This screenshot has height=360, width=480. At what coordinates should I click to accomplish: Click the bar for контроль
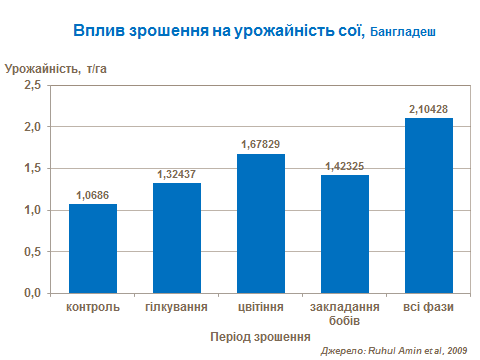point(93,249)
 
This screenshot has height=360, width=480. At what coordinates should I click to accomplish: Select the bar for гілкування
point(177,238)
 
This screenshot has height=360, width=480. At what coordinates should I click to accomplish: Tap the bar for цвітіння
point(261,223)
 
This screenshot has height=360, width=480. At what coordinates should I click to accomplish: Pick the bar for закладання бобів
point(345,234)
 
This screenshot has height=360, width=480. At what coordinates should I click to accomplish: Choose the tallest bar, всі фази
point(429,205)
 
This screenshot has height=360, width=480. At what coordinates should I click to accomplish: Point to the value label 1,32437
point(177,175)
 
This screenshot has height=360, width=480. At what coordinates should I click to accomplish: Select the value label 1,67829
point(261,146)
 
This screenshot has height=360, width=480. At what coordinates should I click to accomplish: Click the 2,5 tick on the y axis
point(31,86)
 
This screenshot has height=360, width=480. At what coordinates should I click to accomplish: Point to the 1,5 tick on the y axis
point(31,169)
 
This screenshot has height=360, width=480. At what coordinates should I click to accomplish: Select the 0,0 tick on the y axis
point(31,293)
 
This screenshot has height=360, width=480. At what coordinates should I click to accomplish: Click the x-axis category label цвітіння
point(261,307)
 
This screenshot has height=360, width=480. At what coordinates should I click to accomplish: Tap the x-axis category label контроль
point(93,307)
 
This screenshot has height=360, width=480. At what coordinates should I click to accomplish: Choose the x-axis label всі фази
point(429,307)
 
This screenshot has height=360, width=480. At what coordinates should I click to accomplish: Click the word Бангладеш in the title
point(403,33)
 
